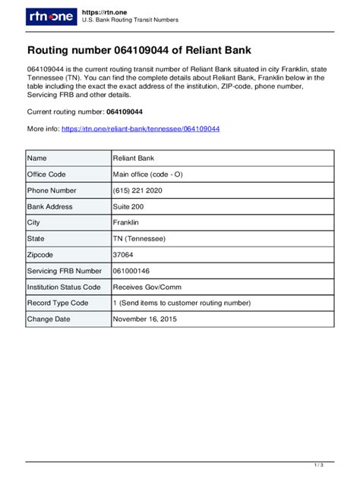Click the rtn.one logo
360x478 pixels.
(50, 17)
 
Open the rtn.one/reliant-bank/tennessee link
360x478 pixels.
(140, 129)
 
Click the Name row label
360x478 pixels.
(37, 158)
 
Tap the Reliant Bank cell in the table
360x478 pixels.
(134, 158)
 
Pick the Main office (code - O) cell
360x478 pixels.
(147, 174)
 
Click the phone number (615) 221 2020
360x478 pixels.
(137, 190)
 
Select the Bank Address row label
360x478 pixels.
(50, 206)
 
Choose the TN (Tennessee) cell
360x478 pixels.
(139, 238)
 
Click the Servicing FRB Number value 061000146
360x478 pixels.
(131, 270)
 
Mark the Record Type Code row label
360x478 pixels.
(58, 303)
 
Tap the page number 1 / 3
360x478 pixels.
(339, 464)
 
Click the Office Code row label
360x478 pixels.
(46, 174)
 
